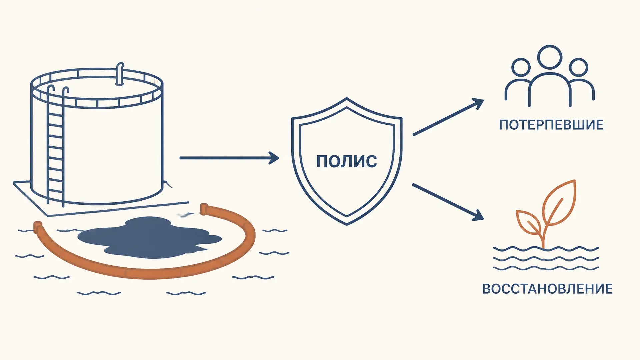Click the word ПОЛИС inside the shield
[x=347, y=162]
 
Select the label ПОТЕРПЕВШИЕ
[x=551, y=125]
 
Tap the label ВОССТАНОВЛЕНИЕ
[x=547, y=289]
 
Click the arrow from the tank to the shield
[x=229, y=158]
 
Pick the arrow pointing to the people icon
[x=448, y=117]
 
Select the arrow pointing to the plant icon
[x=448, y=202]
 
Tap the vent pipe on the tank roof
[x=120, y=74]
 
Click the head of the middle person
[x=550, y=57]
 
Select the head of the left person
[x=521, y=67]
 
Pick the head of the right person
[x=578, y=67]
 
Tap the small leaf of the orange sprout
[x=529, y=222]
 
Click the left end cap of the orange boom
[x=38, y=227]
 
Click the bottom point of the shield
[x=347, y=225]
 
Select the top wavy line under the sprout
[x=546, y=249]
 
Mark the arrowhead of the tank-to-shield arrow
[x=274, y=158]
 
